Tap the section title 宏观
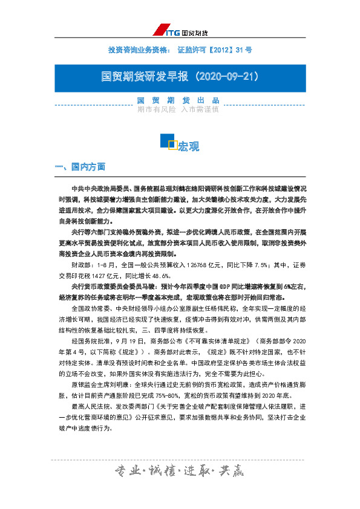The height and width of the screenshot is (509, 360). pyautogui.click(x=188, y=146)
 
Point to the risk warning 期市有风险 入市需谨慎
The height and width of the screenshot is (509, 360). pyautogui.click(x=178, y=109)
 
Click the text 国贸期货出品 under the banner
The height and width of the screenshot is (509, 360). pyautogui.click(x=178, y=100)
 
